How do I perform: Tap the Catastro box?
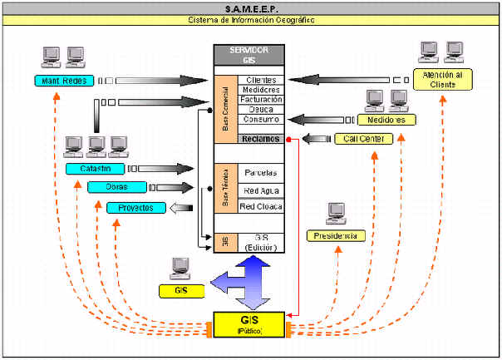96,169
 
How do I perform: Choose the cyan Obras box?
116,187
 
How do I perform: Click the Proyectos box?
135,207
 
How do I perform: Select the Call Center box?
363,139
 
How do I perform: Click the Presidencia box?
336,236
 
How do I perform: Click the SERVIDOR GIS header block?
250,56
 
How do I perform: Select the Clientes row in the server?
261,80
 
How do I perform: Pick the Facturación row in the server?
261,100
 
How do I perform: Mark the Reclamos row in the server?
261,139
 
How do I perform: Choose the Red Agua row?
261,190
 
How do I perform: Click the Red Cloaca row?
261,206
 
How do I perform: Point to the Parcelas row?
261,173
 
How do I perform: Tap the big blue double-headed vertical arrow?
252,281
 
